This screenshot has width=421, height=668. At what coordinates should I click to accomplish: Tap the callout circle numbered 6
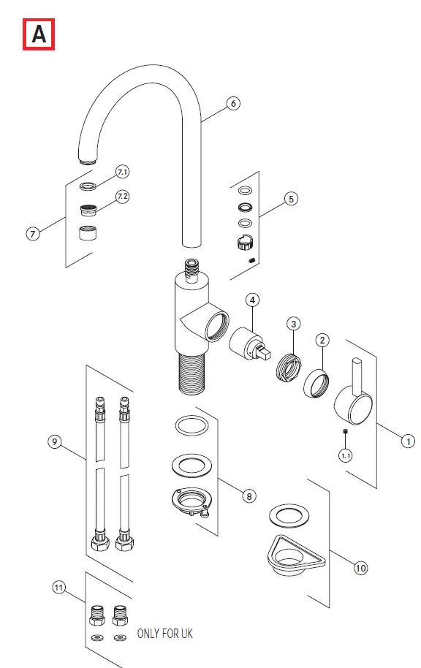tap(233, 103)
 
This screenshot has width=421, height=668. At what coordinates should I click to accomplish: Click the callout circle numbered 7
tap(32, 235)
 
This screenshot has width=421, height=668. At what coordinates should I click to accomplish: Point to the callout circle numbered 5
tap(291, 198)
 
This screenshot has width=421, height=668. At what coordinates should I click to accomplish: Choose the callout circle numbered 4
tap(251, 300)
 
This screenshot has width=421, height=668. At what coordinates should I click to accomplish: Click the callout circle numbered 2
tap(323, 340)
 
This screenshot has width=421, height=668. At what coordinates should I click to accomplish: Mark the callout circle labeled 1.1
tap(344, 455)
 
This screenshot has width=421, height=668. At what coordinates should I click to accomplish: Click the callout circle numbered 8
tap(249, 496)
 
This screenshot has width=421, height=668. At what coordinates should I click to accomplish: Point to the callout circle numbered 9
tap(54, 441)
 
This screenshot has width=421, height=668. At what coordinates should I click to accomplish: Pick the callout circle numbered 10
tap(360, 567)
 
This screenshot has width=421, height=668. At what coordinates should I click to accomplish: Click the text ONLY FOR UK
tap(165, 633)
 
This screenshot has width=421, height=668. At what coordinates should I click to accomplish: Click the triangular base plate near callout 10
tap(289, 551)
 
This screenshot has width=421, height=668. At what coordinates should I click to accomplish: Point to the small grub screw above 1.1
tap(344, 436)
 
